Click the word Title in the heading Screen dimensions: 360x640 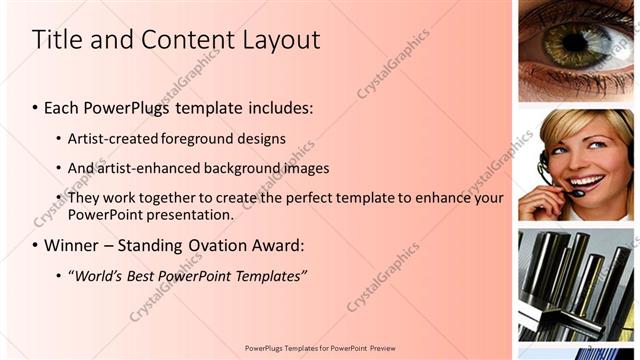58,40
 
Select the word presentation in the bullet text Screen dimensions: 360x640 193,214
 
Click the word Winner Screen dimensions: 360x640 71,245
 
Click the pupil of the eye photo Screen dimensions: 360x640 575,42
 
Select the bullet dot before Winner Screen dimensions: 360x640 36,246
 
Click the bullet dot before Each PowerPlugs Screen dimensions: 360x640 36,107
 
